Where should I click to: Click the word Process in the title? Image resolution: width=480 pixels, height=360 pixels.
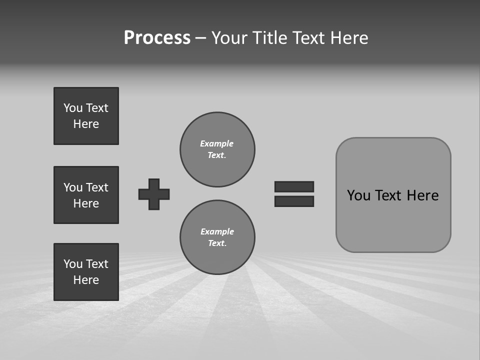tap(157, 38)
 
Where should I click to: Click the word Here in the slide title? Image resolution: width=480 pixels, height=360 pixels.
tap(348, 38)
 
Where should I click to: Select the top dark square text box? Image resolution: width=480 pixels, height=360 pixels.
tap(86, 116)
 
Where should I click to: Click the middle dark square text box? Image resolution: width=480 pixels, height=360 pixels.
tap(86, 195)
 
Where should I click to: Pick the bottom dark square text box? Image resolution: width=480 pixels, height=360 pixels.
tap(86, 272)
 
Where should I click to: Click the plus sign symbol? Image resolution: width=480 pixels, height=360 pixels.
tap(154, 194)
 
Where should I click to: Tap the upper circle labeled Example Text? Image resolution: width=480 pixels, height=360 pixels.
tap(217, 149)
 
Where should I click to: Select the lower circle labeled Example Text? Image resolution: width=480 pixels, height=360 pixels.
tap(217, 237)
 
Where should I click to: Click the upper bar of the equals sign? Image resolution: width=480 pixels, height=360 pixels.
tap(294, 186)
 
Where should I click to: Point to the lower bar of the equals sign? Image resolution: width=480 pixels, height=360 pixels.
tap(294, 201)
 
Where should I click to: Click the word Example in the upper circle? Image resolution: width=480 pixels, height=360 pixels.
tap(216, 143)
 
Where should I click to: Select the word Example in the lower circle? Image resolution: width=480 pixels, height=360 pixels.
tap(217, 231)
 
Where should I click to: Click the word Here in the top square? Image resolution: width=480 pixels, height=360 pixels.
tap(86, 124)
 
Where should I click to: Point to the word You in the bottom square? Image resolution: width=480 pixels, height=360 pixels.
tap(73, 264)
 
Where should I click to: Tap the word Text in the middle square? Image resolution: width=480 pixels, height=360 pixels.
tap(96, 187)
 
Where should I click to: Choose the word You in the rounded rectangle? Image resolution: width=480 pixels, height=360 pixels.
tap(358, 195)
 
